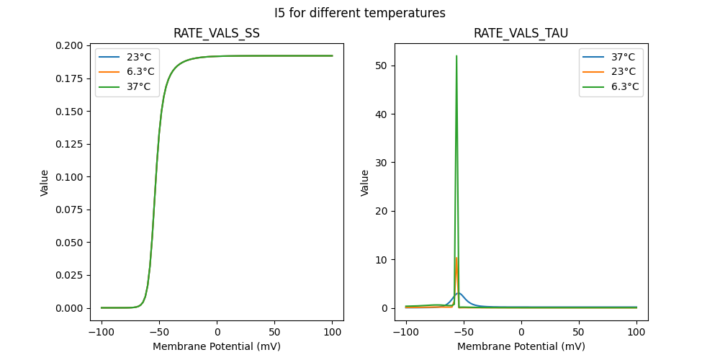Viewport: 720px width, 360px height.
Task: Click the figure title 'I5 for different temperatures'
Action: (x=359, y=13)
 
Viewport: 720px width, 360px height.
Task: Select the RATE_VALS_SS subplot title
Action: (x=216, y=33)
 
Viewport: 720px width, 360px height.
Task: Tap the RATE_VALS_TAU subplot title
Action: (x=521, y=33)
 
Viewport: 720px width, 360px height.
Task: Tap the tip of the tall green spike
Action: (x=456, y=56)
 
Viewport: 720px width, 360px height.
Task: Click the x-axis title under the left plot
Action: (x=216, y=346)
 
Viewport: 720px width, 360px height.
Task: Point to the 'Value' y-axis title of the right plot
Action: (x=365, y=183)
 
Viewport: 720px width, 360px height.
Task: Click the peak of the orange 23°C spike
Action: (x=456, y=258)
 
